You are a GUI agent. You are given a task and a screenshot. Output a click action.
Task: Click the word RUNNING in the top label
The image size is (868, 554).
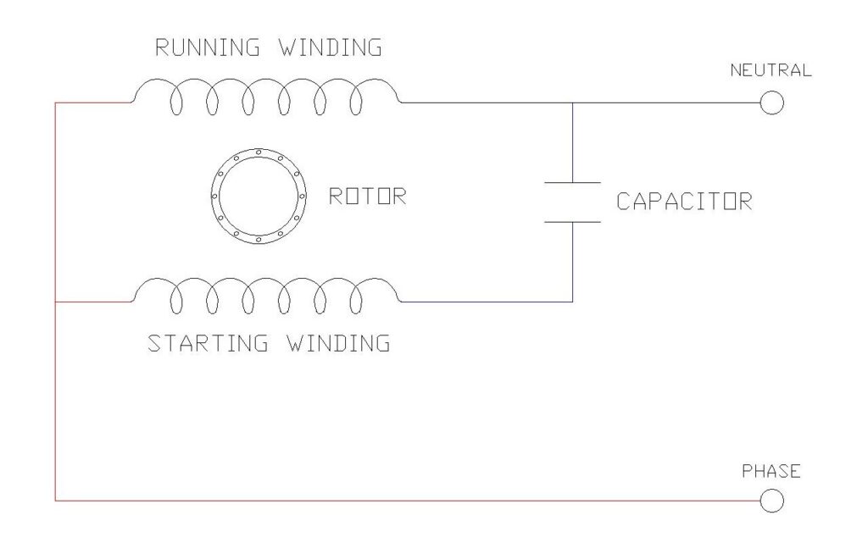coord(201,47)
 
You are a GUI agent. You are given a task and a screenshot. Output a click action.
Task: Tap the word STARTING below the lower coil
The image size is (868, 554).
coord(208,344)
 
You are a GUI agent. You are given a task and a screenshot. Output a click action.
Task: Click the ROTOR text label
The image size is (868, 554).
coord(367,197)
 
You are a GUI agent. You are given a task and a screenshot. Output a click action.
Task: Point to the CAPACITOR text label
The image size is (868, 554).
coord(683,202)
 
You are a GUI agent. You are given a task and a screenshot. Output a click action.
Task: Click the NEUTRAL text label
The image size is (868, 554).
coord(771,70)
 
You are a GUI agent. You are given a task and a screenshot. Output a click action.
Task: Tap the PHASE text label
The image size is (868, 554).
coord(771,471)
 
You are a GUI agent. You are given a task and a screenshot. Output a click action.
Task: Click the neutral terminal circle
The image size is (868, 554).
coord(771,102)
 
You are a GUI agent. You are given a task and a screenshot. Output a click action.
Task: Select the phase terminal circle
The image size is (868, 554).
coord(771,501)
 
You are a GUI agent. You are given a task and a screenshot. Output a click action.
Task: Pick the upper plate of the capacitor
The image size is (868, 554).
coord(572,182)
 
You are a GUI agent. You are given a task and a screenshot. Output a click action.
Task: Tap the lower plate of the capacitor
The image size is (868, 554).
coord(572,222)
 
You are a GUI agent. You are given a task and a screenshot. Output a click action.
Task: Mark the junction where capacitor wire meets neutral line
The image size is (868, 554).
coord(572,102)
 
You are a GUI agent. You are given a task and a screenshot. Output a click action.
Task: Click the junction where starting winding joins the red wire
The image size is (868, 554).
coord(55,302)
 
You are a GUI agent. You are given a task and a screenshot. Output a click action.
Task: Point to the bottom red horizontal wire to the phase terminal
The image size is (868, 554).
coord(407,501)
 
